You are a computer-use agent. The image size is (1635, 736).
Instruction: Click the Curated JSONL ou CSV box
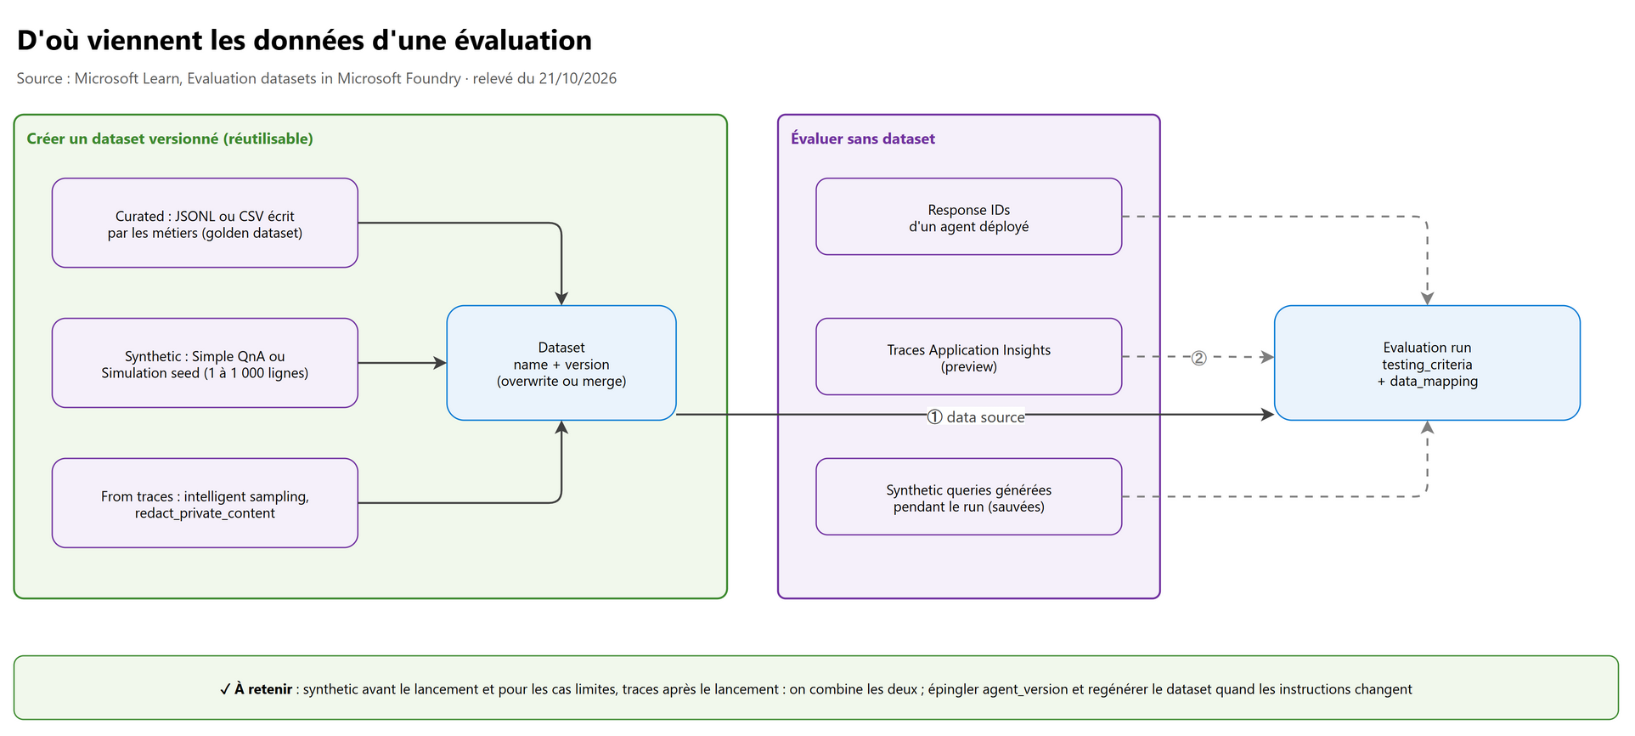tap(205, 224)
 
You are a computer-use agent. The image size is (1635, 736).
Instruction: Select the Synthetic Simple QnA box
tap(205, 364)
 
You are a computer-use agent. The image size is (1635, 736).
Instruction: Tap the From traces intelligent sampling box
tap(205, 503)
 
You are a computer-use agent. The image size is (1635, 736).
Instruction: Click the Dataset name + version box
tap(561, 364)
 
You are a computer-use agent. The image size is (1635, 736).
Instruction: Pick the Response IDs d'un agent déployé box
tap(969, 217)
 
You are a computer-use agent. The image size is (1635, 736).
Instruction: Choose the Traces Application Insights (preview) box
tap(969, 357)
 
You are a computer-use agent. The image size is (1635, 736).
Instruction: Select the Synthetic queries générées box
tap(969, 497)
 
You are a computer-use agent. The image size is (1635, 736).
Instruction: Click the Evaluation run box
tap(1428, 364)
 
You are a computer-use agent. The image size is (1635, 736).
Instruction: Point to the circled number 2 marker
tap(1198, 358)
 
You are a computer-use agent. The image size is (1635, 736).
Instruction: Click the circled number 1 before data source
tap(934, 417)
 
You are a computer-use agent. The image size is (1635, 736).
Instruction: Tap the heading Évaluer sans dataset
tap(863, 139)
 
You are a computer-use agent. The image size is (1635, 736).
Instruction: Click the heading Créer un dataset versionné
tap(170, 139)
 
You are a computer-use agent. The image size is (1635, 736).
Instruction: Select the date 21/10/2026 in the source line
tap(578, 78)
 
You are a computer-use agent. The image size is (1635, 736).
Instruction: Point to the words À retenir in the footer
tap(263, 689)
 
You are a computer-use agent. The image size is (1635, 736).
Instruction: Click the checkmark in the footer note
tap(225, 689)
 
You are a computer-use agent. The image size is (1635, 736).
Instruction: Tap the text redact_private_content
tap(205, 513)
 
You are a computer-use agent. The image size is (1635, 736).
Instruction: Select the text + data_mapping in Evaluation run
tap(1428, 382)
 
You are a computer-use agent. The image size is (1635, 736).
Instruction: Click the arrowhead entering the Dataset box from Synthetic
tap(440, 364)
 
